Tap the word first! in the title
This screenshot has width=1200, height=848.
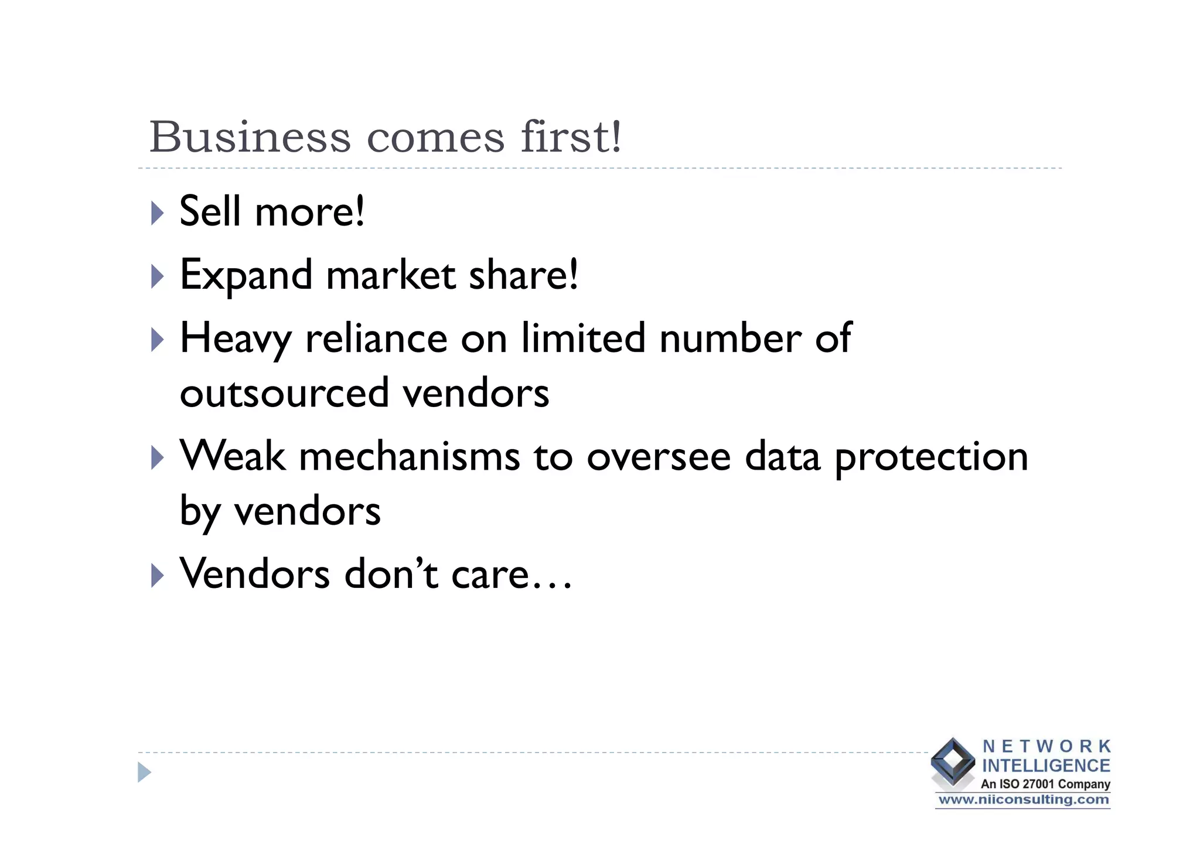pyautogui.click(x=571, y=137)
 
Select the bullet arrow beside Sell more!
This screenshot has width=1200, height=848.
pyautogui.click(x=157, y=213)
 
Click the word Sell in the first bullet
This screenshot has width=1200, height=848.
pyautogui.click(x=210, y=211)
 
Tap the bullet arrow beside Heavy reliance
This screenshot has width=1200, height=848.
pyautogui.click(x=157, y=340)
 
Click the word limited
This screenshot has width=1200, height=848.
pyautogui.click(x=583, y=338)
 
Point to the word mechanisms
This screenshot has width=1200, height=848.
pyautogui.click(x=409, y=457)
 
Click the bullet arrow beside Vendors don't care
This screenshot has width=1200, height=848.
pyautogui.click(x=157, y=576)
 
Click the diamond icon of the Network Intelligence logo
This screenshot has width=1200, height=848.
pyautogui.click(x=953, y=762)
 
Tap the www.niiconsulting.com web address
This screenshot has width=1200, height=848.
pyautogui.click(x=1023, y=800)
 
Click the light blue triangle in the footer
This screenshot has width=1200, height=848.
pyautogui.click(x=144, y=772)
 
